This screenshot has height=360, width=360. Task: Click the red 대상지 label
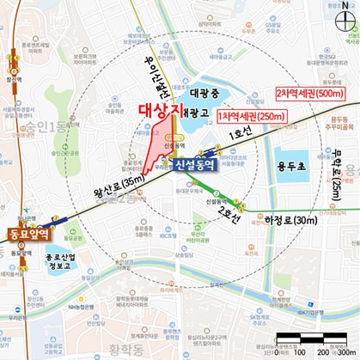161,111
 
